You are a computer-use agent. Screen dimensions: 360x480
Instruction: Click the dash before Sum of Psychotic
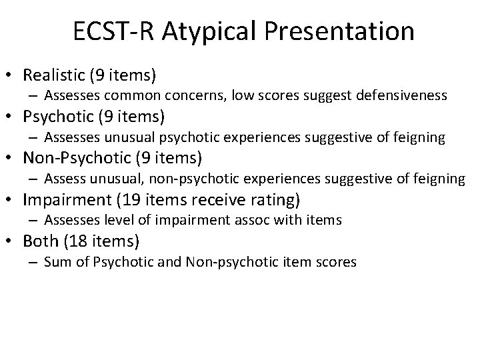[x=34, y=262]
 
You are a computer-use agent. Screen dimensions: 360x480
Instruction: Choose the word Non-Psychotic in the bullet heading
[x=76, y=158]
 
